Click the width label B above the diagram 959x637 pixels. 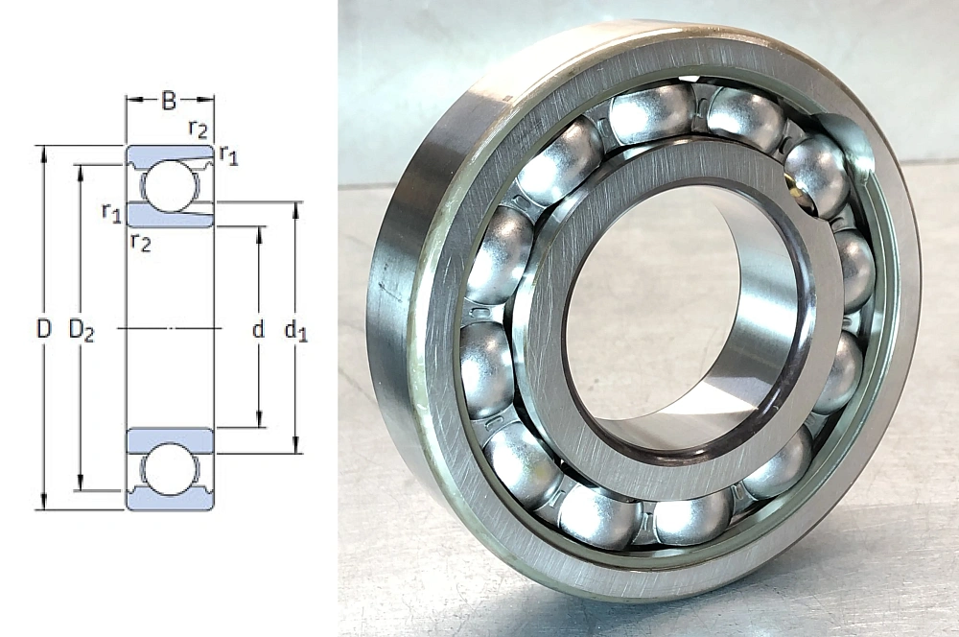(x=169, y=99)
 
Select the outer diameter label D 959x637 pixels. (x=42, y=329)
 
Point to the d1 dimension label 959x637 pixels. (x=296, y=331)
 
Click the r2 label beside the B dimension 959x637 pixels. (x=197, y=126)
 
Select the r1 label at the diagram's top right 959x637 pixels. (x=228, y=154)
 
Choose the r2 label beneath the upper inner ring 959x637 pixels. (x=140, y=243)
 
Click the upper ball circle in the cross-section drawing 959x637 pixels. (x=171, y=187)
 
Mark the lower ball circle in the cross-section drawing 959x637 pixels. (x=171, y=469)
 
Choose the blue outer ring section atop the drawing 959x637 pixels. (x=171, y=153)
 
